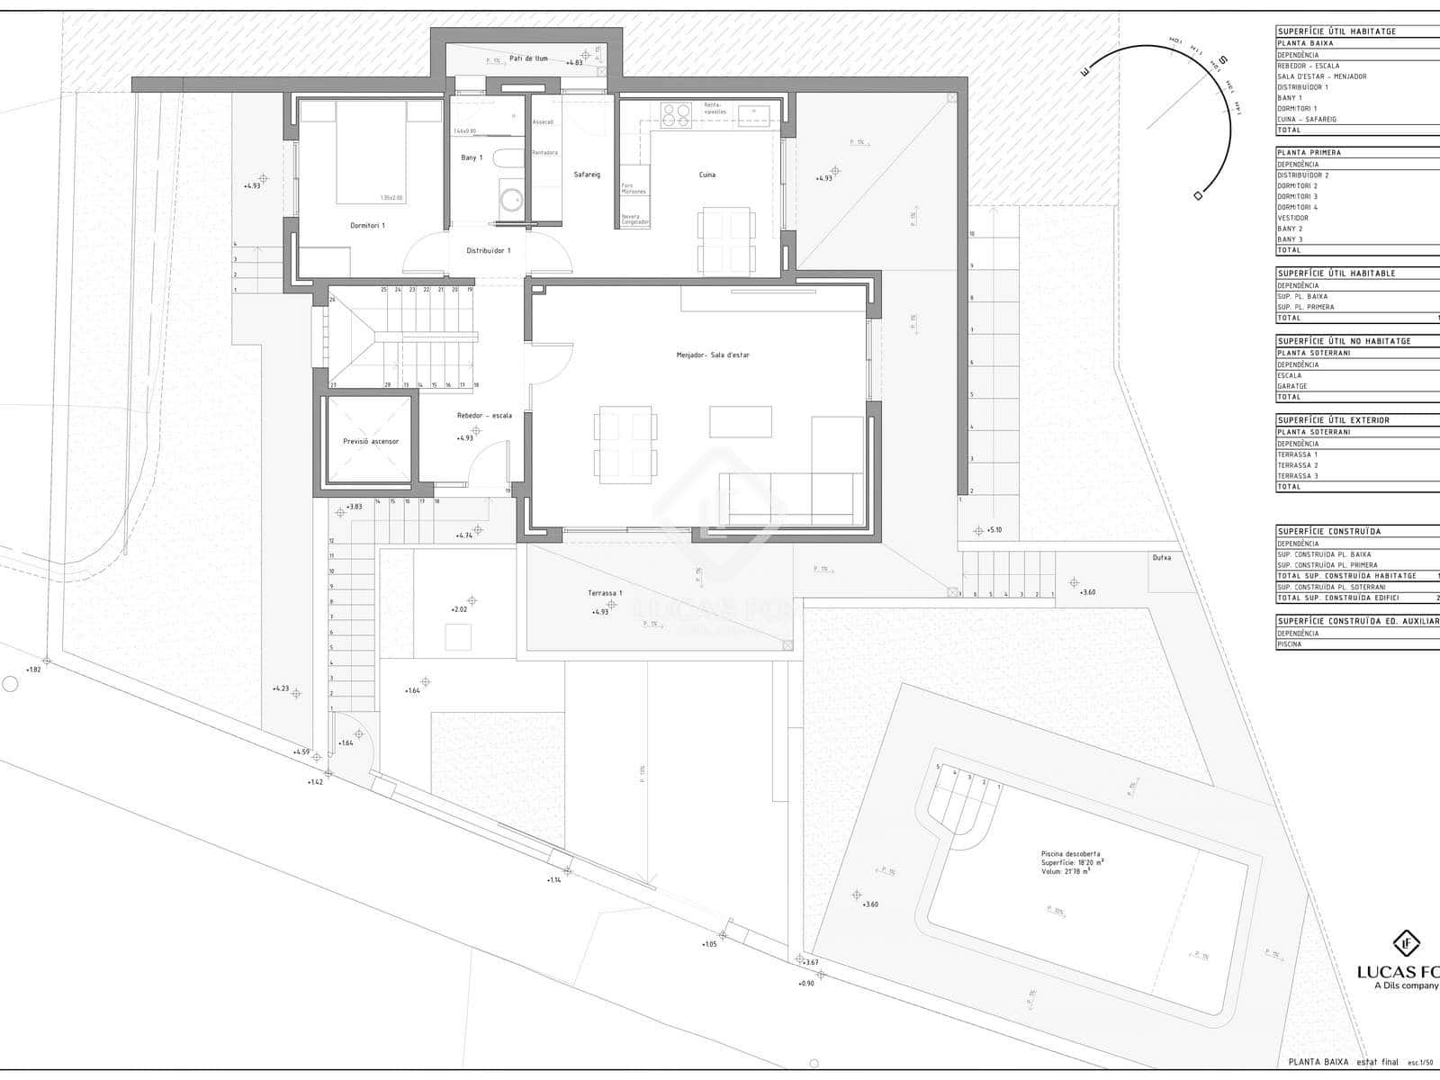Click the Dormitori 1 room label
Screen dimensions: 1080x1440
[367, 225]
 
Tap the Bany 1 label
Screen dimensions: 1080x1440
[472, 157]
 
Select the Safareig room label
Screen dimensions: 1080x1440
[587, 175]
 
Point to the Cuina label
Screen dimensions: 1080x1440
[707, 175]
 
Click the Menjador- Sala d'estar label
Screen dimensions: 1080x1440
[713, 355]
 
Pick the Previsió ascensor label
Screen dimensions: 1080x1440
[370, 441]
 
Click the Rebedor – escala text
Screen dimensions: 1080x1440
[484, 416]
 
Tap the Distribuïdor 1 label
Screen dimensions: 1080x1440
[488, 251]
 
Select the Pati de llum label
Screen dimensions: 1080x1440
[528, 58]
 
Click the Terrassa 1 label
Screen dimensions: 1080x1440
[605, 593]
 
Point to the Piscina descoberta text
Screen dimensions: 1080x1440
[1070, 854]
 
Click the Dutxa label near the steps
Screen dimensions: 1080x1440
[1162, 558]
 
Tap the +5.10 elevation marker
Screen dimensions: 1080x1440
[994, 530]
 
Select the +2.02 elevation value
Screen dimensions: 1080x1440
[459, 609]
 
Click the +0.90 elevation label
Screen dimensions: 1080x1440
[805, 984]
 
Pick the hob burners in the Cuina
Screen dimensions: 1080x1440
[676, 114]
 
